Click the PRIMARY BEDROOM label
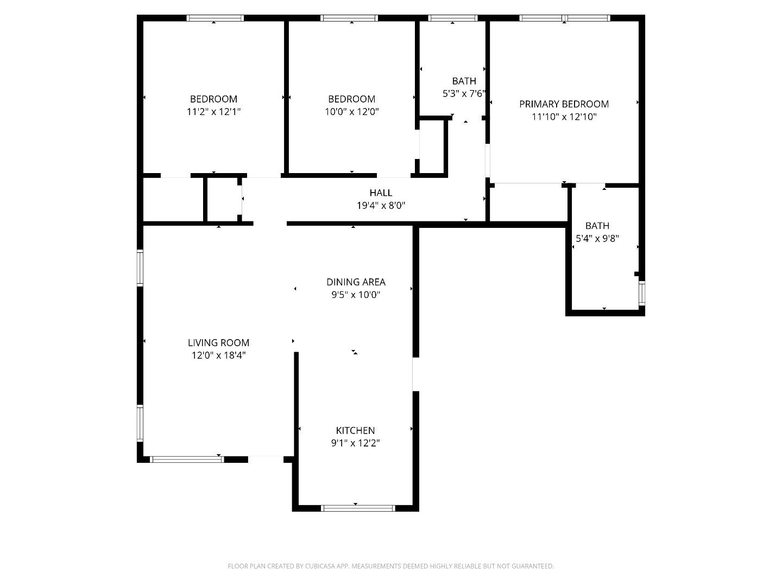tap(564, 104)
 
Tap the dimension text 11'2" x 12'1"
tap(213, 112)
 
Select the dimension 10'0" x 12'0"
tap(351, 112)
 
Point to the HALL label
tap(381, 193)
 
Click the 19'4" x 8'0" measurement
tap(381, 206)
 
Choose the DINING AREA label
tap(356, 282)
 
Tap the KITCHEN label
tap(355, 430)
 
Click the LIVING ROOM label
tap(218, 343)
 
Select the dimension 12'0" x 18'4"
tap(218, 355)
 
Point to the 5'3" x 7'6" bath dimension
tap(464, 93)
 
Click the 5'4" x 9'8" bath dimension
tap(597, 238)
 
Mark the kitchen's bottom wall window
tap(358, 508)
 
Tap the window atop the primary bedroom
tap(565, 18)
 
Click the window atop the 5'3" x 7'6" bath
tap(452, 18)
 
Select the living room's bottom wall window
tap(187, 460)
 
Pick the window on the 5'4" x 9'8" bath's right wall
tap(642, 293)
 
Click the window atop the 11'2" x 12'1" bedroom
tap(215, 18)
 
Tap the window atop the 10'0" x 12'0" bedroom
tap(349, 18)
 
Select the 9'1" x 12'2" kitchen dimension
tap(355, 443)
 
